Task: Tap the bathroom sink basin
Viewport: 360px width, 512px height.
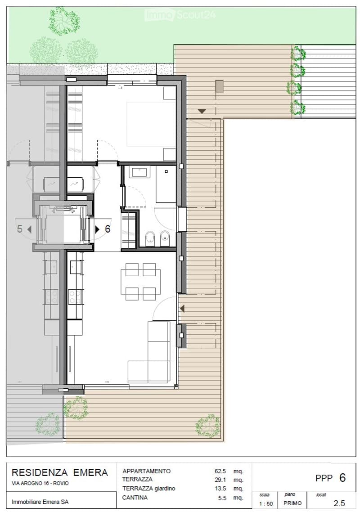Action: (x=140, y=172)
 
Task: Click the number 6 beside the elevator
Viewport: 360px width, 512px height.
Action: (x=108, y=229)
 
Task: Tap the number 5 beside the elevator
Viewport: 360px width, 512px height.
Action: (x=20, y=229)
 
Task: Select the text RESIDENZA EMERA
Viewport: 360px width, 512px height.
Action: (x=60, y=472)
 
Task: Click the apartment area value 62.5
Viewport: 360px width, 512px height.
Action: (x=220, y=471)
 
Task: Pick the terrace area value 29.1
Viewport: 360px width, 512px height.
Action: (x=220, y=480)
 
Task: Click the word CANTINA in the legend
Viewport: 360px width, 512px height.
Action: (x=135, y=498)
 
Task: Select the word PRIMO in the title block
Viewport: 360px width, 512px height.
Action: (x=292, y=503)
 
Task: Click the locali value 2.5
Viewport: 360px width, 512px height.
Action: (x=339, y=503)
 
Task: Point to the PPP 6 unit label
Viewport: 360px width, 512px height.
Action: (x=331, y=478)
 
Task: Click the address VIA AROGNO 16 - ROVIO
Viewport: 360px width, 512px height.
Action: (x=40, y=483)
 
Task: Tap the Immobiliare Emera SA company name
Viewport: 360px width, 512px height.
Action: (x=40, y=502)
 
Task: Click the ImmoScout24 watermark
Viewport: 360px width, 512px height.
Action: (x=180, y=15)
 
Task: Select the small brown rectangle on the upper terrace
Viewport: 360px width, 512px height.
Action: (x=220, y=86)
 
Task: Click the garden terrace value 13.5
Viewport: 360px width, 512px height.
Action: (x=220, y=489)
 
